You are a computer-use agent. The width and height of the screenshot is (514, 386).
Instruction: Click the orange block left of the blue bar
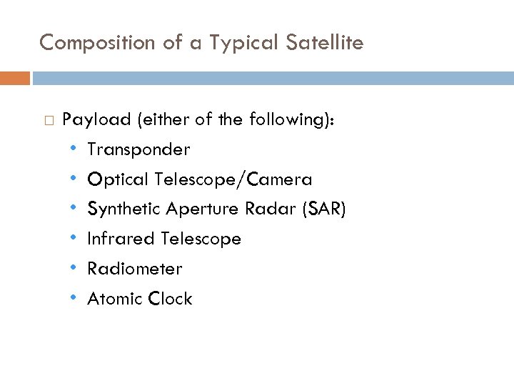[14, 78]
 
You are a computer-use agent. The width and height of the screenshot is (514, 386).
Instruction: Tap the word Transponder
[138, 149]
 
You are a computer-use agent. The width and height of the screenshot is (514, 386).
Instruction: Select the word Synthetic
[124, 209]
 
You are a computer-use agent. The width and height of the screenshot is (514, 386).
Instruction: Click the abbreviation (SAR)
[323, 209]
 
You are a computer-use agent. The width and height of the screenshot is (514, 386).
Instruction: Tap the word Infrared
[121, 239]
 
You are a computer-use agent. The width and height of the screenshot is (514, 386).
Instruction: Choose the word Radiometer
[134, 269]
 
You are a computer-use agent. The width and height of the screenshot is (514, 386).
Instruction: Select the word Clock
[169, 299]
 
